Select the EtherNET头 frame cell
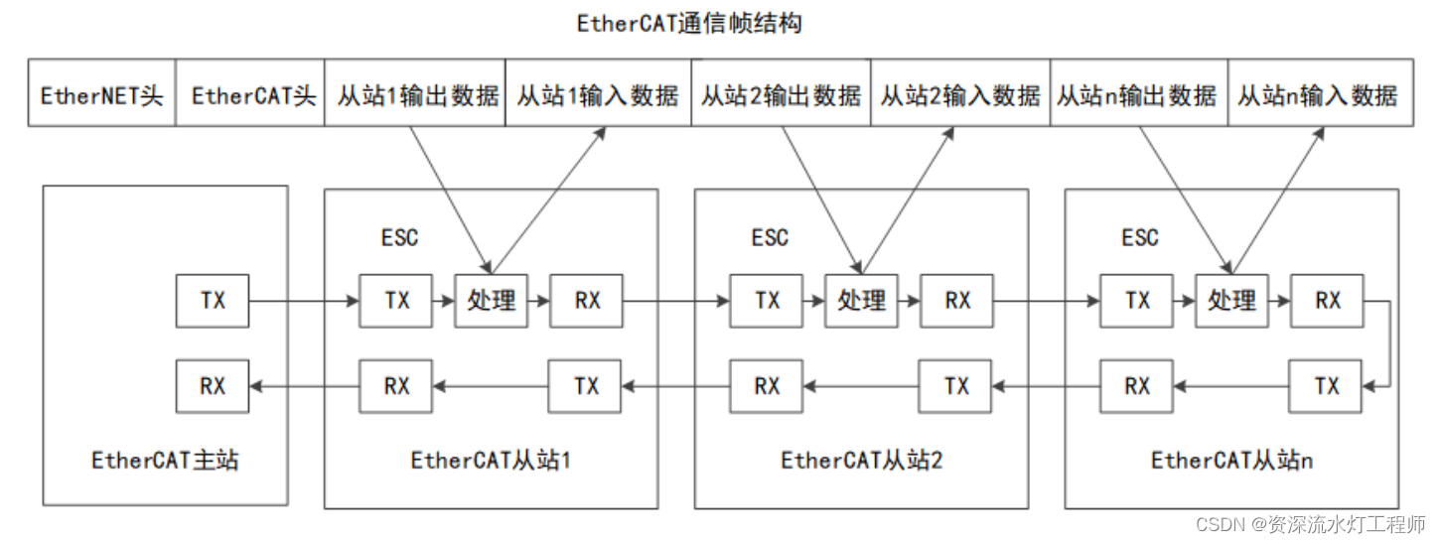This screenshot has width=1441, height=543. click(x=101, y=96)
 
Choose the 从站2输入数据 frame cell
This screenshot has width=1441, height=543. click(x=960, y=96)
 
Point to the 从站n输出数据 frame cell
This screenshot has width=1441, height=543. click(x=1138, y=96)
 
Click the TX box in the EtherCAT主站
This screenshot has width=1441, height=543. click(x=213, y=300)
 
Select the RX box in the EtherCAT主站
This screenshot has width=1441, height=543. click(x=213, y=386)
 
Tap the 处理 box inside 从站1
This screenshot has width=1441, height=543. click(x=492, y=300)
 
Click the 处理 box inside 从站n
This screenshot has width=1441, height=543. click(x=1231, y=300)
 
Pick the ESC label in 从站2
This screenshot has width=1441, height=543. click(x=770, y=238)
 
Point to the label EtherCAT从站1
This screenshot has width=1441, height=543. click(x=491, y=461)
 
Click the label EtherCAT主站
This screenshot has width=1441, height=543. click(x=165, y=461)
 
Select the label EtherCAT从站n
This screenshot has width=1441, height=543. click(x=1231, y=461)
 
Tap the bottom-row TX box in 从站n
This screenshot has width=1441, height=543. click(x=1326, y=386)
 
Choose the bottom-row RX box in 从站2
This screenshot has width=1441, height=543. click(x=767, y=386)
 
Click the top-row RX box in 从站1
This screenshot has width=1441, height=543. click(x=587, y=300)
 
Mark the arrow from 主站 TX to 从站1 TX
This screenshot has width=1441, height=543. click(x=303, y=300)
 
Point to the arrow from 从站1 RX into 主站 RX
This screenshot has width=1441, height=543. click(x=303, y=386)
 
